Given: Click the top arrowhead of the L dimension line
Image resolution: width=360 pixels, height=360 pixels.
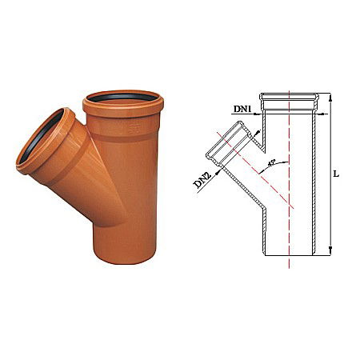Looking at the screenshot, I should [329, 94].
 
